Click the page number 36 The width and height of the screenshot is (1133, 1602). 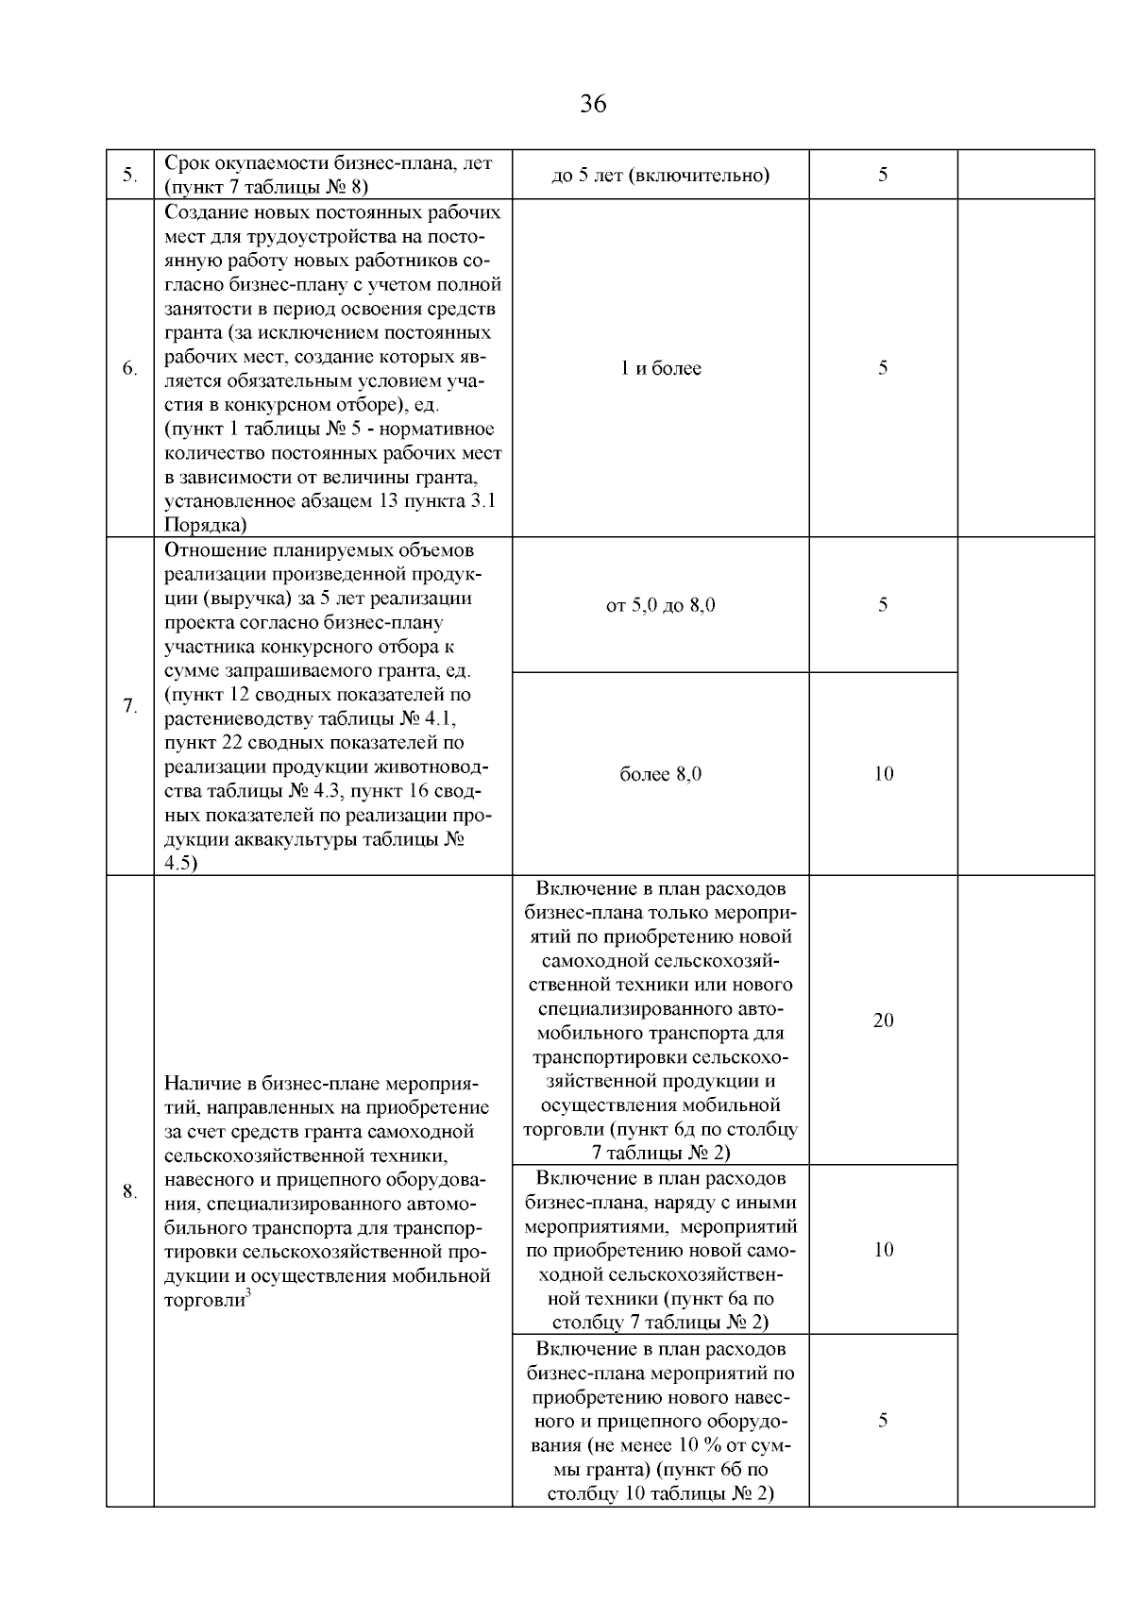(x=593, y=104)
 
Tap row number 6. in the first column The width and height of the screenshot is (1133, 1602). (x=130, y=369)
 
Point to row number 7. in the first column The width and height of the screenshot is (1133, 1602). (x=130, y=707)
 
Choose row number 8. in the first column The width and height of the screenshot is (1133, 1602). (x=130, y=1191)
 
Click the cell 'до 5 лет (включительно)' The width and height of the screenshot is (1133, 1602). (x=660, y=176)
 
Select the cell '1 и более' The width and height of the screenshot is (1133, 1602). (x=660, y=369)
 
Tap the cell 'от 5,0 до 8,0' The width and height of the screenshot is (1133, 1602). (x=660, y=605)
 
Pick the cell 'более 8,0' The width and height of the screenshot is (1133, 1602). (x=660, y=774)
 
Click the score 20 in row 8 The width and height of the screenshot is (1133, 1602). (x=883, y=1020)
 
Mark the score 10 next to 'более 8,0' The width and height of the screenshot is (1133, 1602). (x=883, y=774)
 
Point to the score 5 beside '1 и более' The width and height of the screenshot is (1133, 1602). (x=883, y=369)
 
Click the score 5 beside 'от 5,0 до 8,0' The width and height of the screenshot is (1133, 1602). (x=883, y=605)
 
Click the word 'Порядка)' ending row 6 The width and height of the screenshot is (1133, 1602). (x=206, y=525)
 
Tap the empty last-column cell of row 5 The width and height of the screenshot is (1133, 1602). (x=1025, y=176)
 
